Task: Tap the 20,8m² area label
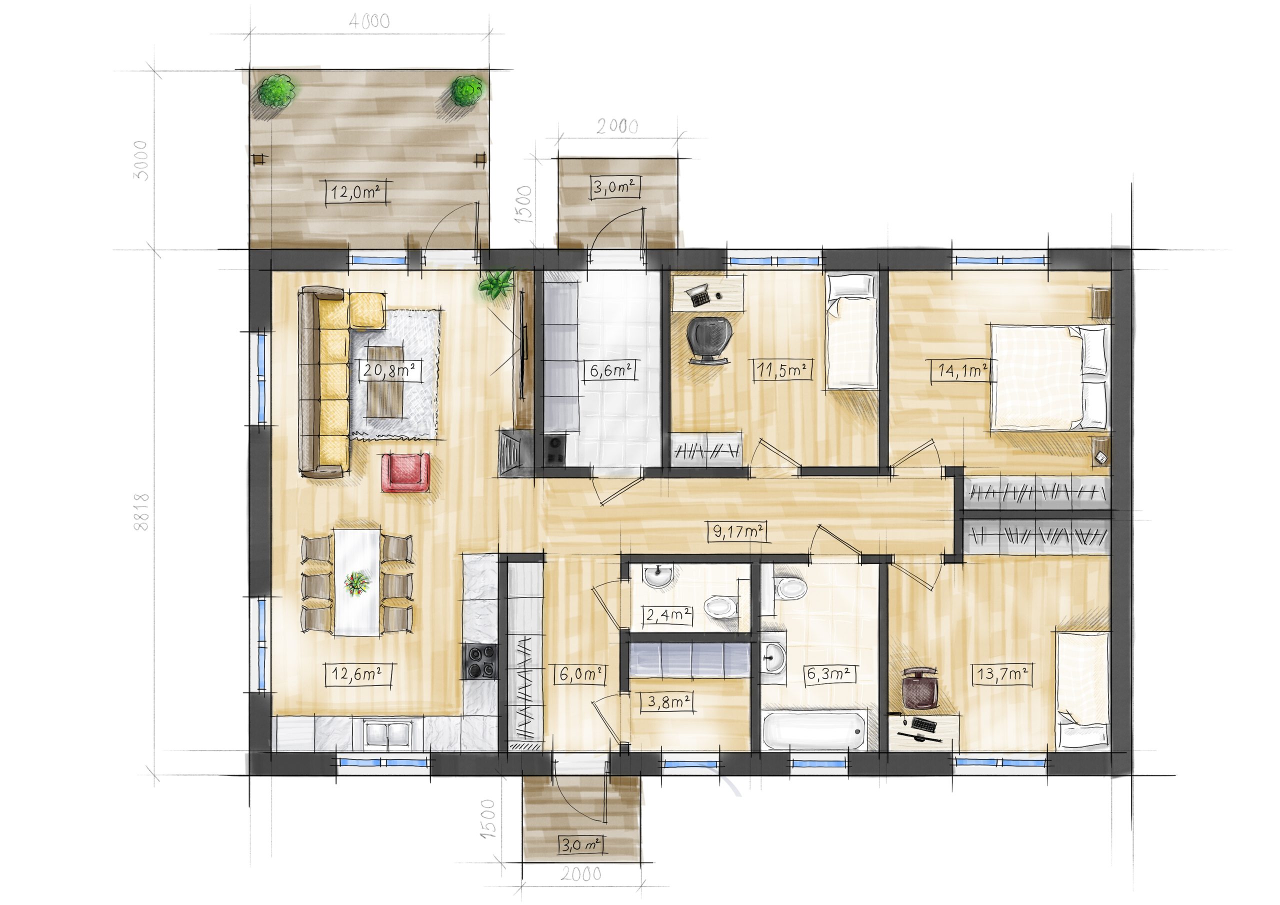[389, 370]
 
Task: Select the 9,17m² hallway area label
[738, 532]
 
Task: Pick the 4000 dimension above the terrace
[369, 21]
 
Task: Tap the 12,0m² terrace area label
[355, 193]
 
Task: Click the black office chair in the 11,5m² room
[707, 339]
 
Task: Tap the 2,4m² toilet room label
[669, 615]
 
